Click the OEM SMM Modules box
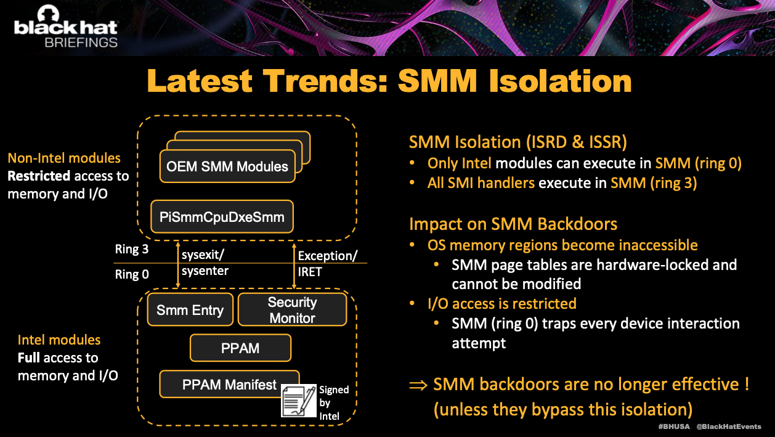pos(227,166)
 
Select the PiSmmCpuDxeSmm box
pos(222,217)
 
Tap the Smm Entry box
pos(190,309)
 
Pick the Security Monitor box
pos(293,309)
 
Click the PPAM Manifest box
pos(229,384)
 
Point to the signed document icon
pos(299,401)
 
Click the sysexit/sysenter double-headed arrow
pos(178,265)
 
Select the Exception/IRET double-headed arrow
pos(294,266)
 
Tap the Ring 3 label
pos(131,249)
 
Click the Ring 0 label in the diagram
pos(131,274)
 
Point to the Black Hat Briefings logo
pos(66,27)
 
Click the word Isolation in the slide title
pos(561,81)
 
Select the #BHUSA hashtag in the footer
pos(674,427)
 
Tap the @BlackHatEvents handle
pos(729,427)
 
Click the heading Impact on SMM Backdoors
pos(513,224)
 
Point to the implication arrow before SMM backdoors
pos(418,385)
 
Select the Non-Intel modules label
pos(64,158)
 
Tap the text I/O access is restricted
pos(502,304)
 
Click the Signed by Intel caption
pos(334,402)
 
